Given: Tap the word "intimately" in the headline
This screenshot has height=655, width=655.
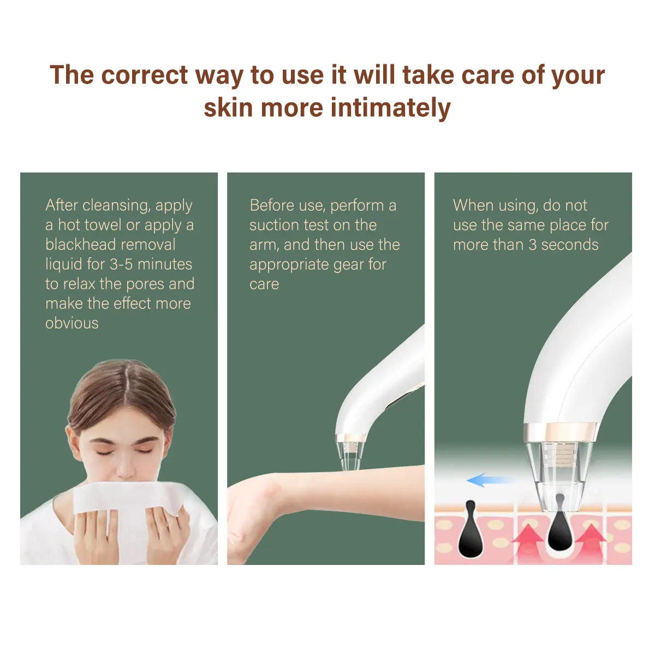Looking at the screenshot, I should tap(391, 108).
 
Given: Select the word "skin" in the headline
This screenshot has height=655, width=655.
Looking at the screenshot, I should tap(228, 108).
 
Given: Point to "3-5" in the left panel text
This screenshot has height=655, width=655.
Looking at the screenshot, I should tap(121, 264).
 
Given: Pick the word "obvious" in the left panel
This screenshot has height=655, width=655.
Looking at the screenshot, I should tap(72, 323).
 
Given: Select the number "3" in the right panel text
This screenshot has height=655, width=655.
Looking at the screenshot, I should tap(533, 245).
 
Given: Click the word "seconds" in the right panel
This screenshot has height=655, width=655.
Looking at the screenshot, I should tap(570, 245).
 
